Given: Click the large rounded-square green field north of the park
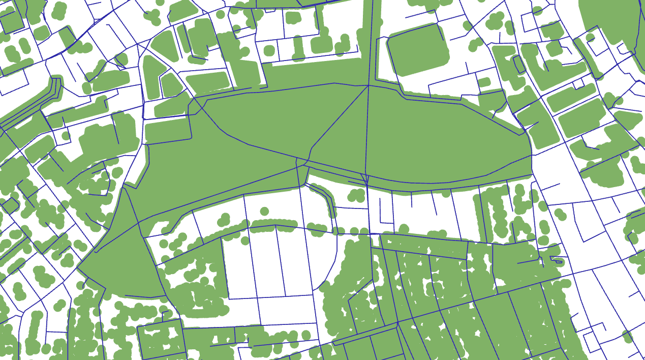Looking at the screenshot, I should point(418,49).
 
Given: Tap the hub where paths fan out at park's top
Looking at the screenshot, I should point(368,85).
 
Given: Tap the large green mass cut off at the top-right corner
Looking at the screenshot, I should point(610,20).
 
